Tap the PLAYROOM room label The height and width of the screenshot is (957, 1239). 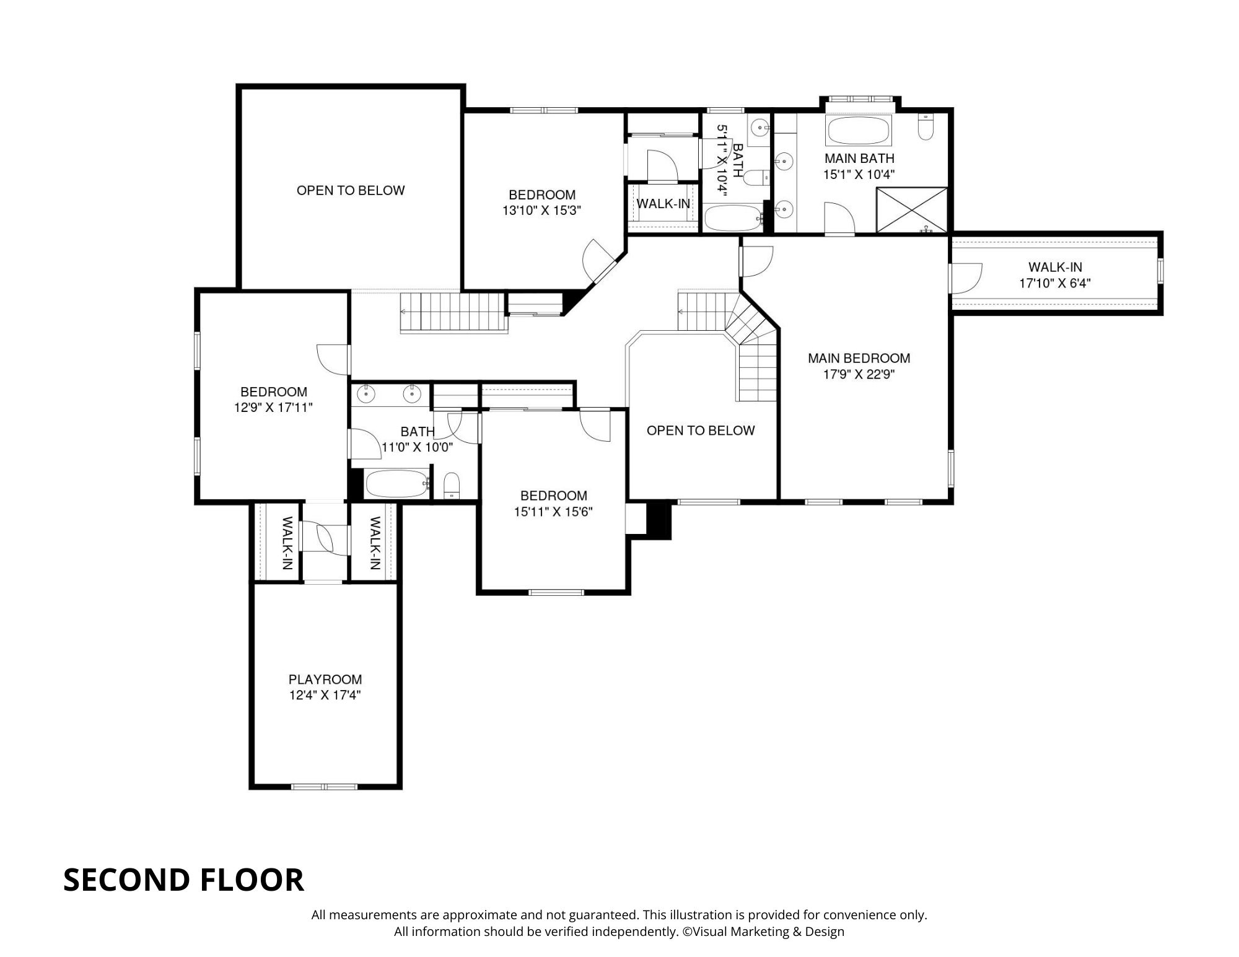[325, 680]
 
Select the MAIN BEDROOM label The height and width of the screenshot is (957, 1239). [859, 358]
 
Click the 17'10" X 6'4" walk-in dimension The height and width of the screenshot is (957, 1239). [1055, 284]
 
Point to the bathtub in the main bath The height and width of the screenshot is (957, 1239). [858, 130]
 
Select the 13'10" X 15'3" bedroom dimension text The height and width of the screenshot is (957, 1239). [541, 211]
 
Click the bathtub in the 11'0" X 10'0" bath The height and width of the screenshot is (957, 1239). [396, 484]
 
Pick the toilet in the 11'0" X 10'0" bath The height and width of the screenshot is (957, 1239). [452, 485]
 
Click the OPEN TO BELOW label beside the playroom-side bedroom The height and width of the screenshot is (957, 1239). [701, 430]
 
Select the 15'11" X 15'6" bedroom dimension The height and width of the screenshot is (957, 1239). [553, 512]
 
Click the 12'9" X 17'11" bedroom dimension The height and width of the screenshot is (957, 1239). [273, 408]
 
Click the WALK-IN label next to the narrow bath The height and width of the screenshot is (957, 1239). [663, 204]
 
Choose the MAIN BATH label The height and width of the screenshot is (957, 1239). [859, 159]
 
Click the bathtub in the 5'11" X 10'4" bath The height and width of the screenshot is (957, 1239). [733, 218]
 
